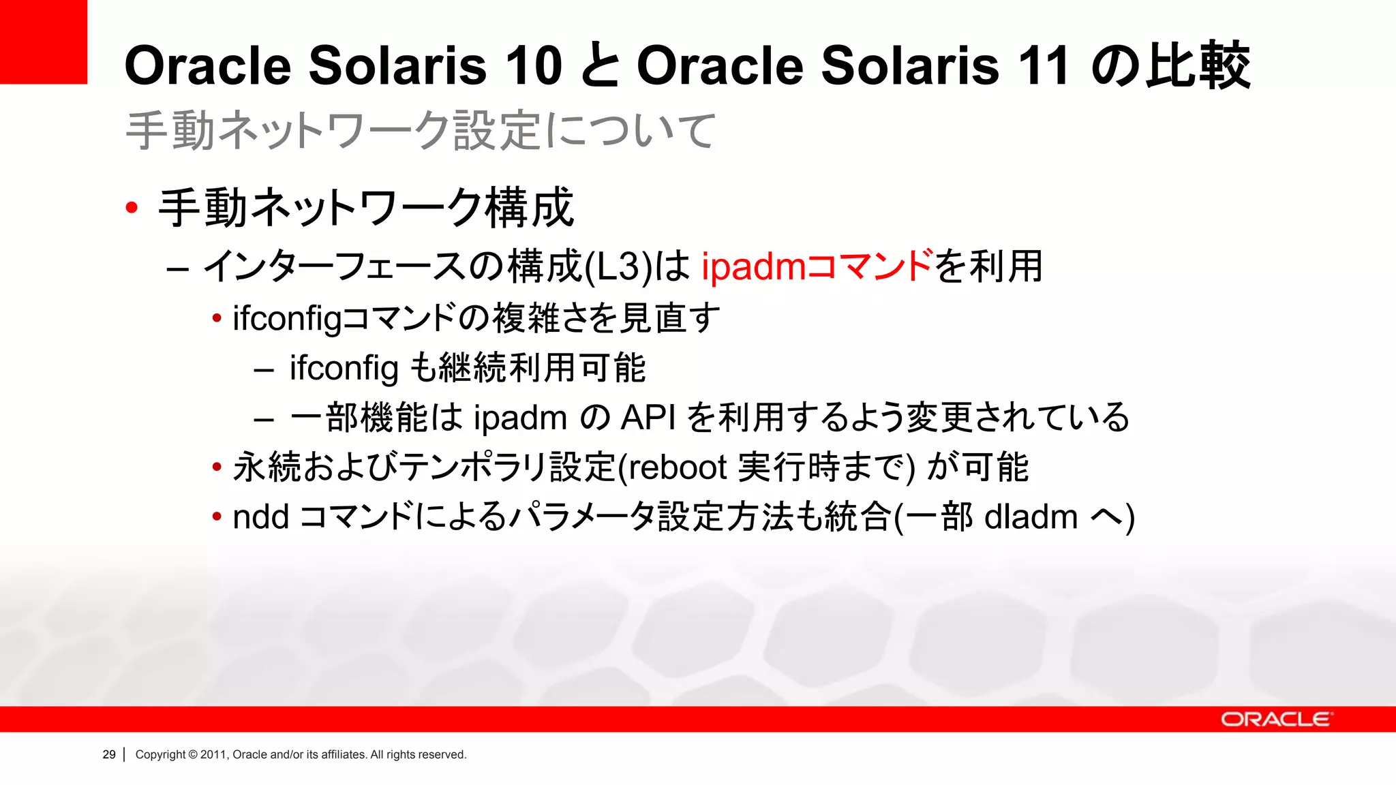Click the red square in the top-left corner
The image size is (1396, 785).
coord(43,41)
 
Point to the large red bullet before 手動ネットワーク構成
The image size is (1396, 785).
coord(132,207)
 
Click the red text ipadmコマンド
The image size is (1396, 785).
coord(816,266)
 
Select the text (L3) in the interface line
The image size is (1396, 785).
coord(619,266)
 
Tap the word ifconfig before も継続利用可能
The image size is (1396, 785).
coord(343,368)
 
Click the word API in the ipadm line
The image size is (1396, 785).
coord(648,418)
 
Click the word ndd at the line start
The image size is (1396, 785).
coord(260,517)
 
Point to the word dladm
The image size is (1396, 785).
coord(1031,517)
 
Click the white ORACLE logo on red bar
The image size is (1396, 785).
coord(1275,720)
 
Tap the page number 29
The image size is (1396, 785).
coord(109,754)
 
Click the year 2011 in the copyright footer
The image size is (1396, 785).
coord(213,754)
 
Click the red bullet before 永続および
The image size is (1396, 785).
coord(217,467)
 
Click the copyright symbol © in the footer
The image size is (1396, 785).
coord(193,754)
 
